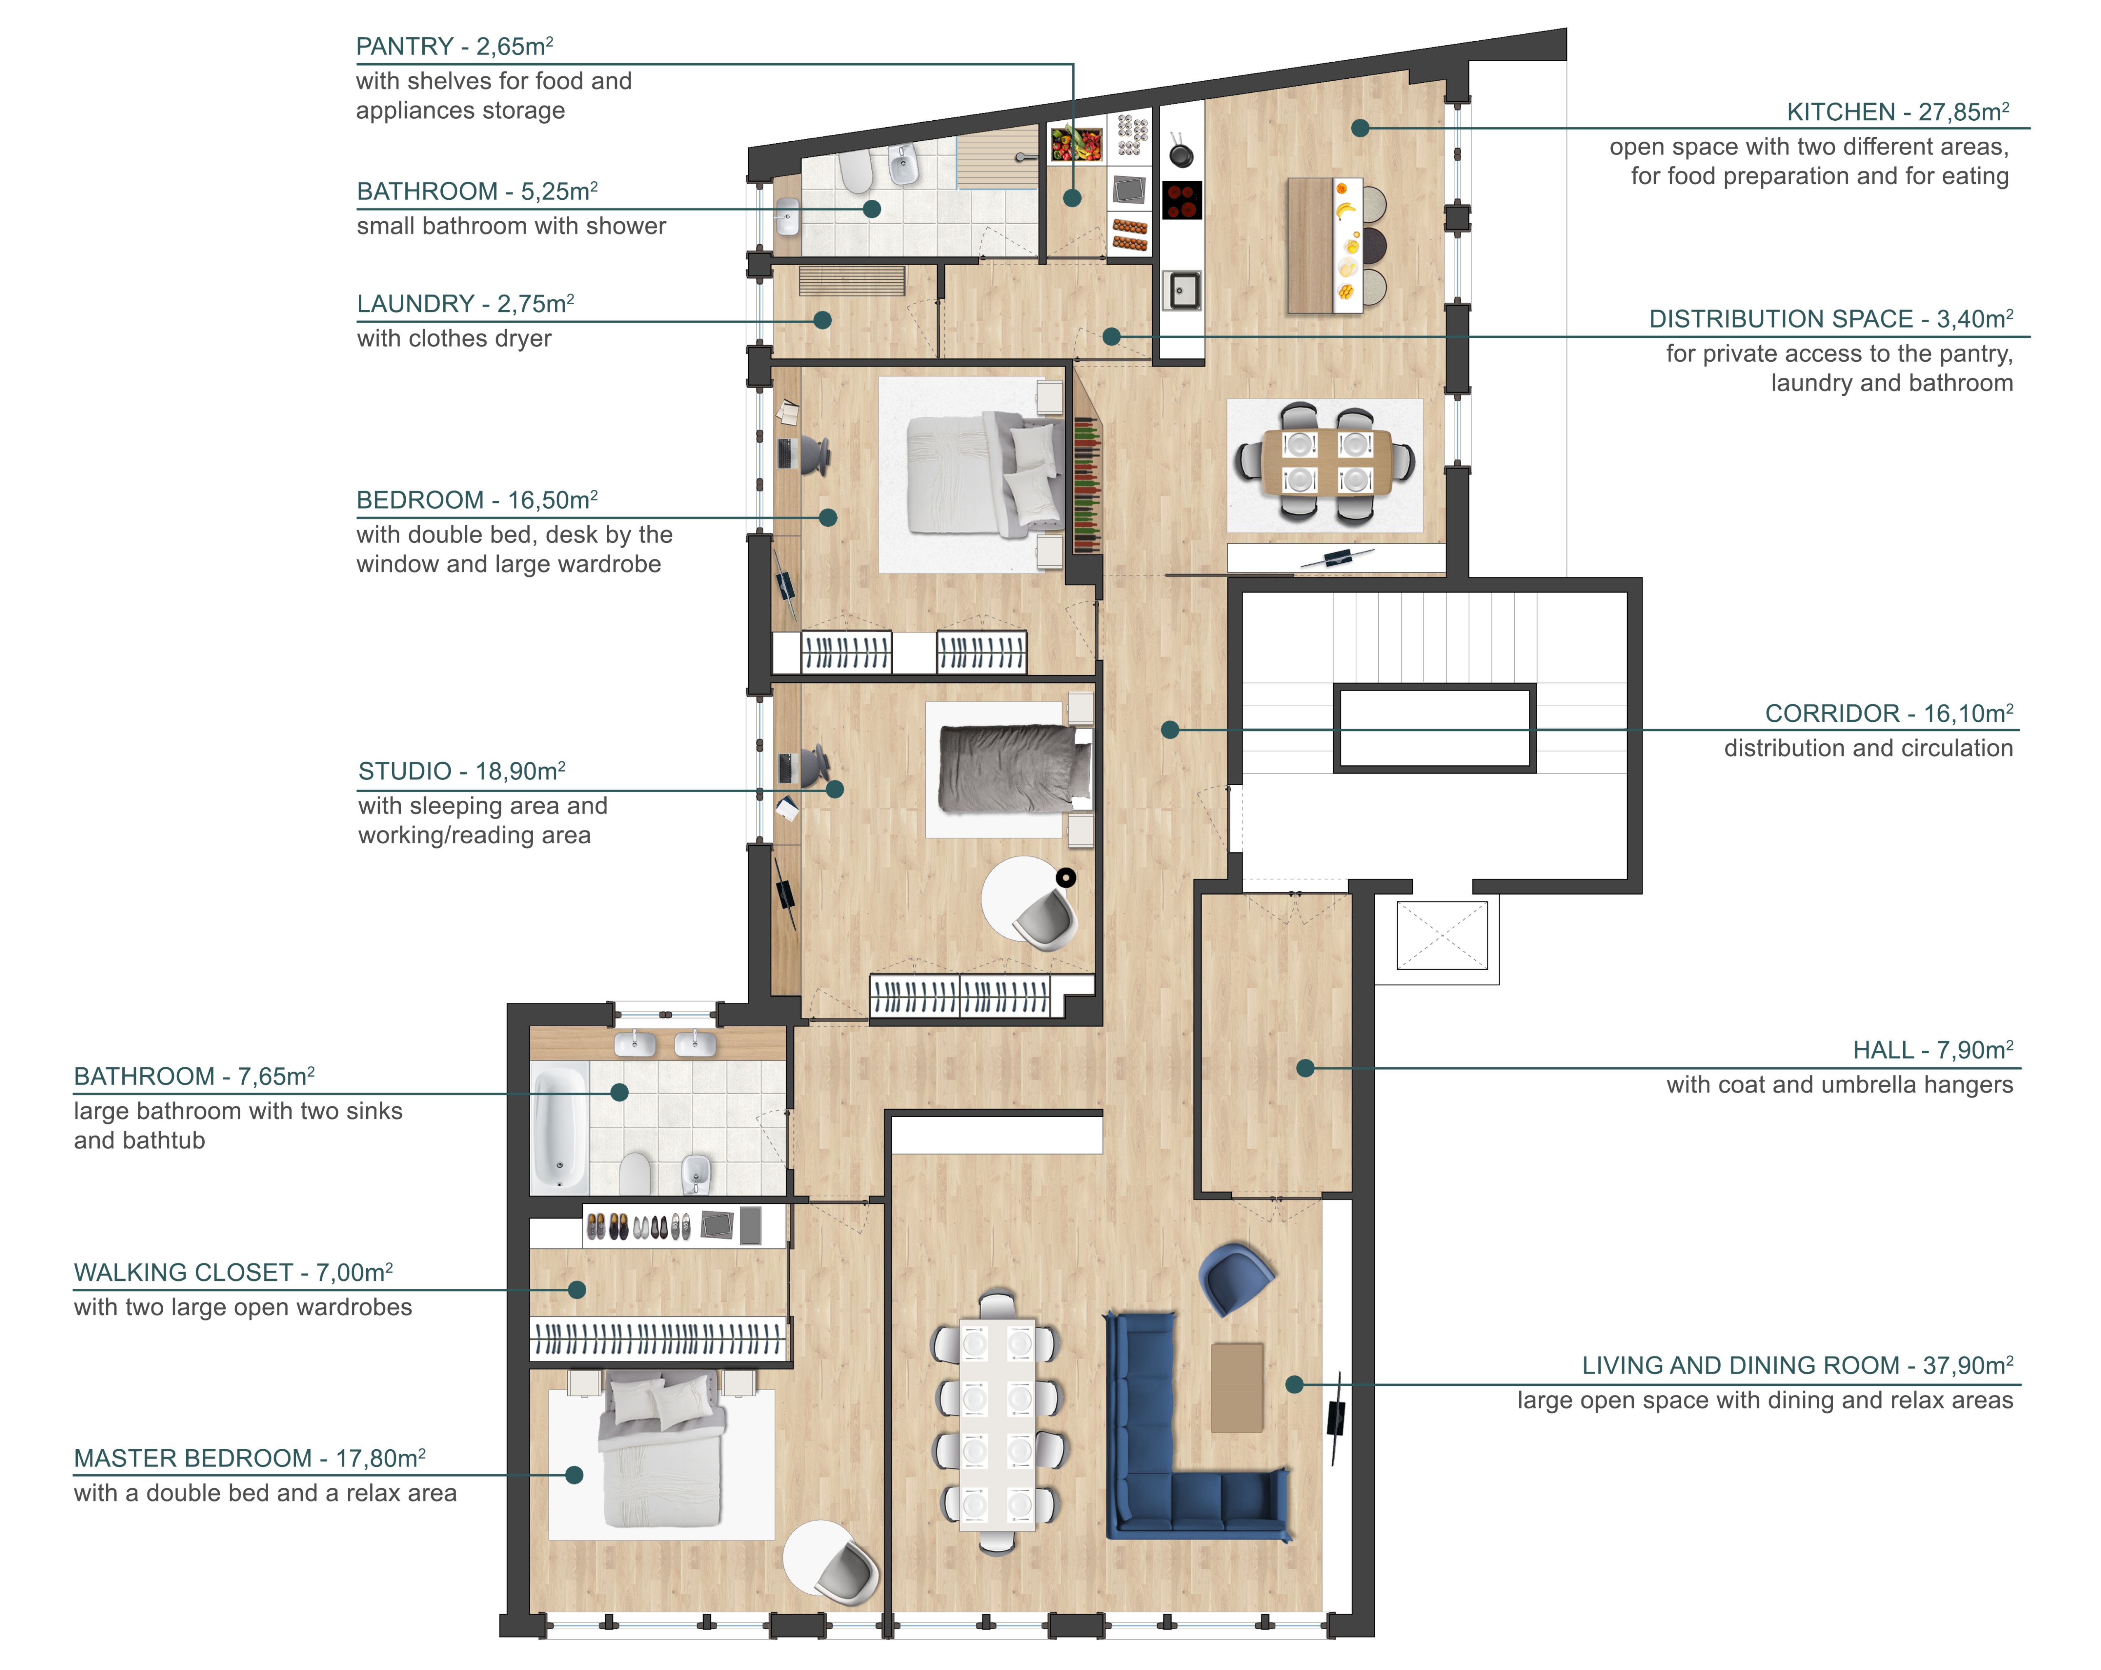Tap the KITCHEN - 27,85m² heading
[1897, 112]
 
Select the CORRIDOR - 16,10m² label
[1888, 713]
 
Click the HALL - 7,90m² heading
[1933, 1049]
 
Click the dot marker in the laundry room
[822, 320]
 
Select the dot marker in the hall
[1305, 1068]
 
